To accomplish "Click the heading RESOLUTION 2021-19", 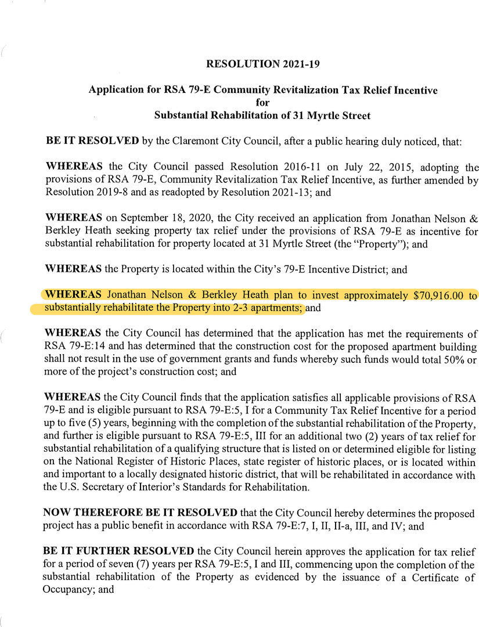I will pyautogui.click(x=262, y=64).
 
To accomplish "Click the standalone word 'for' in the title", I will pyautogui.click(x=262, y=103).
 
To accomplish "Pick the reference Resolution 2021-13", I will pyautogui.click(x=274, y=192).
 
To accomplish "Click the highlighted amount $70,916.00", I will pyautogui.click(x=438, y=296).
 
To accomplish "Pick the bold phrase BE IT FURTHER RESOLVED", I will pyautogui.click(x=120, y=550).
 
